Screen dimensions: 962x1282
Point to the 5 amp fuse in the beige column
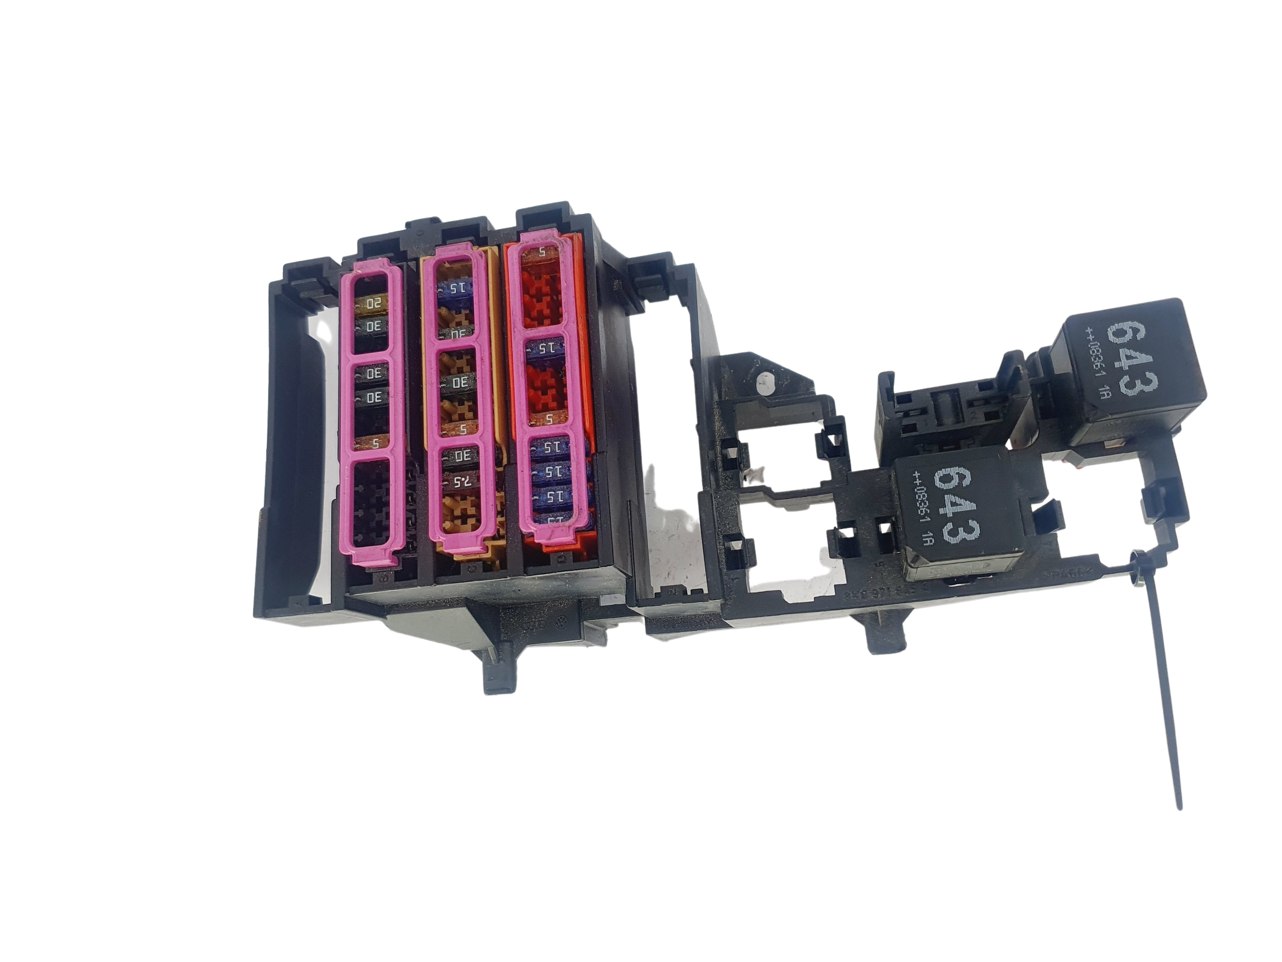462,429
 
